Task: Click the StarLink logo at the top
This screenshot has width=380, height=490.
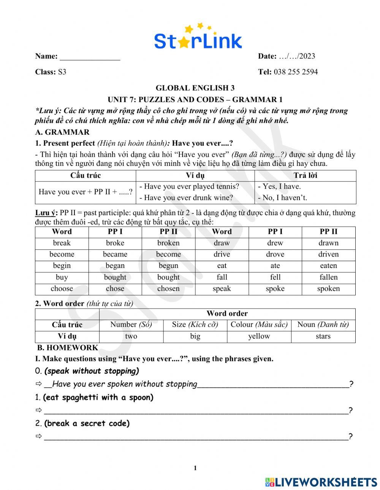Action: (x=198, y=38)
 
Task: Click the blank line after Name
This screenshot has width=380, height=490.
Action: (x=90, y=57)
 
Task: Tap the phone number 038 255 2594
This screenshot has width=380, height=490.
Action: (x=296, y=72)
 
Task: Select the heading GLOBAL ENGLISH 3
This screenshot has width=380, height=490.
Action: (x=195, y=88)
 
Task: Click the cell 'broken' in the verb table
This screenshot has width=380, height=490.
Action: (x=168, y=243)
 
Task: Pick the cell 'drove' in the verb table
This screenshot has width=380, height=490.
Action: (x=275, y=254)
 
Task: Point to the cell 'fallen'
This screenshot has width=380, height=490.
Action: (x=328, y=277)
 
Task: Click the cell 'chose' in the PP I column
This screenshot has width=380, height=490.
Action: (x=115, y=288)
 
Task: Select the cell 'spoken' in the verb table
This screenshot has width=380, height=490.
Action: (x=328, y=288)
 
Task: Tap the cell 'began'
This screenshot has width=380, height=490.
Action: (x=115, y=266)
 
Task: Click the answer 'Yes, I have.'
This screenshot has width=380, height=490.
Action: (x=279, y=186)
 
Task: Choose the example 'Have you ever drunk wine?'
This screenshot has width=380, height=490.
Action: (x=186, y=198)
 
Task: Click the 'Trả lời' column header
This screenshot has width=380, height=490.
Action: (x=305, y=175)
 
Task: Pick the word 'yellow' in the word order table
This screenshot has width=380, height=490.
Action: (x=259, y=336)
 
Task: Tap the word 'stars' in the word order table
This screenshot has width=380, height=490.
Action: (x=323, y=336)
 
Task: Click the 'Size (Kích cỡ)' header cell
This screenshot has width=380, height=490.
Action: (x=195, y=325)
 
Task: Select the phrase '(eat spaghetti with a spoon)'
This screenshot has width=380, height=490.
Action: (x=98, y=397)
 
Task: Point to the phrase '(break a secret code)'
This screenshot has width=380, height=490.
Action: (x=87, y=423)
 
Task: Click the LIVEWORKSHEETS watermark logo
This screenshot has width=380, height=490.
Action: (x=321, y=482)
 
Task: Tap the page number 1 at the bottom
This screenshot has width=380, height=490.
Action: (x=195, y=468)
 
